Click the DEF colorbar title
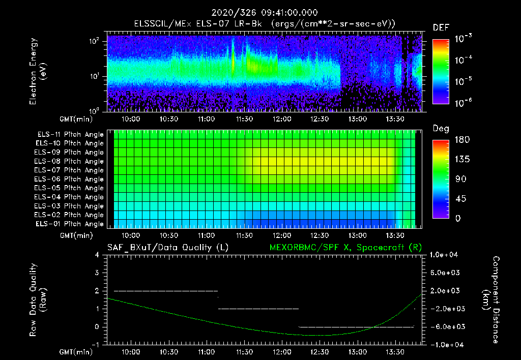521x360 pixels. [x=440, y=28]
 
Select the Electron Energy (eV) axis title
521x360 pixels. [x=38, y=71]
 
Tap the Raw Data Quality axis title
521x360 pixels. [x=38, y=300]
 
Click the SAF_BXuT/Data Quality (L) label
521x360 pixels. [x=167, y=248]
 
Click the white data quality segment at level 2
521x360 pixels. [x=165, y=291]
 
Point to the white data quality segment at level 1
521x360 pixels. [x=258, y=309]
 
